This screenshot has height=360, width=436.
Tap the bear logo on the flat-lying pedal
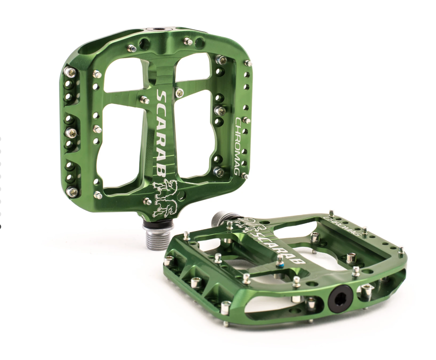click(243, 226)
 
